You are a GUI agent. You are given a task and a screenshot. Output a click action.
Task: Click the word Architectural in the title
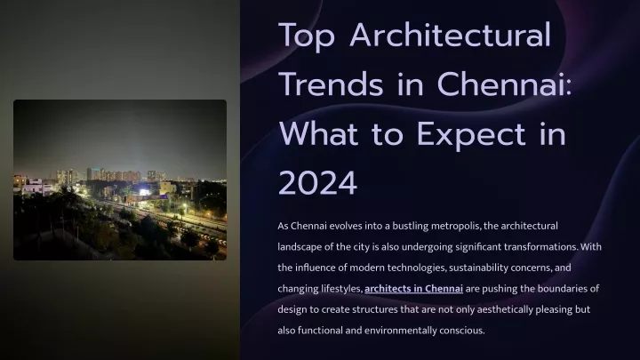click(450, 36)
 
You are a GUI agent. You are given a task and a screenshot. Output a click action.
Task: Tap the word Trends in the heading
click(331, 84)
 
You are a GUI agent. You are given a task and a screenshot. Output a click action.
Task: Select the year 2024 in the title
click(318, 183)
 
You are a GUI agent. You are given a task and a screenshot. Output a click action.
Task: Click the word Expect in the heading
click(471, 135)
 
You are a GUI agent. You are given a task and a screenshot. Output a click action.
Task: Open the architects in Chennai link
click(413, 288)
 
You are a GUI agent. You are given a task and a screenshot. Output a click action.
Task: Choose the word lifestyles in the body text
click(341, 289)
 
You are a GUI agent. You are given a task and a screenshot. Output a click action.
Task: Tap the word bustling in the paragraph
click(410, 226)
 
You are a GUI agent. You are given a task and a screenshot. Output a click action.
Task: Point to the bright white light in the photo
click(144, 192)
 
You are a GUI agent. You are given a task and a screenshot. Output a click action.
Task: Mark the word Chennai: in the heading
click(504, 84)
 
